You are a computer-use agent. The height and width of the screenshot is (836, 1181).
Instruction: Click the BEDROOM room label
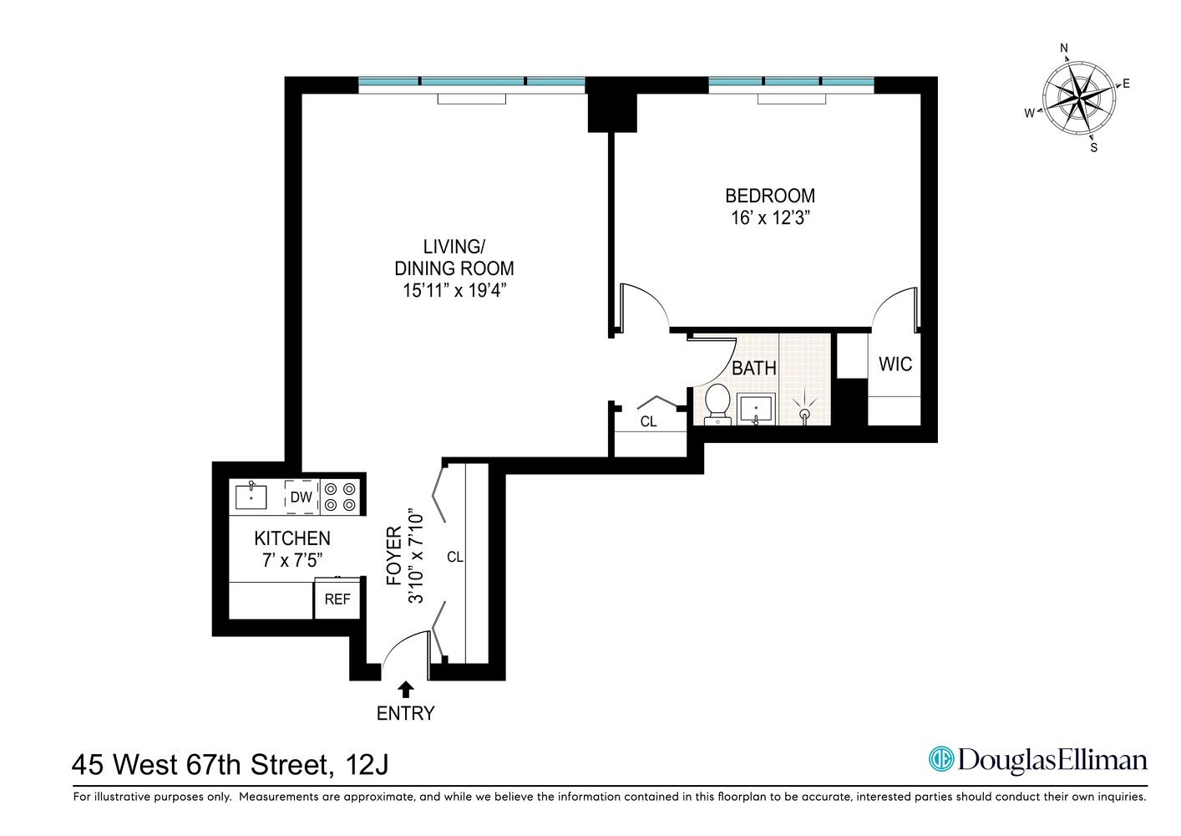click(x=769, y=196)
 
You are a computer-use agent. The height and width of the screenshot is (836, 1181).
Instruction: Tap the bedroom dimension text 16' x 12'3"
click(x=769, y=218)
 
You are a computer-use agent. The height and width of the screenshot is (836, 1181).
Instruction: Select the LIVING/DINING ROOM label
click(x=454, y=257)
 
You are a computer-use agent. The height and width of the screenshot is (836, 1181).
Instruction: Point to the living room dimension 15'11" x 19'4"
click(x=454, y=290)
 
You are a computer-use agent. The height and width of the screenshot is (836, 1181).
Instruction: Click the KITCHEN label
click(x=291, y=538)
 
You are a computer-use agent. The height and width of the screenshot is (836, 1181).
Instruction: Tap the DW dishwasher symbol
click(x=301, y=497)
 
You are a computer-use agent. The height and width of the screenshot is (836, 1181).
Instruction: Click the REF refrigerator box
click(x=337, y=599)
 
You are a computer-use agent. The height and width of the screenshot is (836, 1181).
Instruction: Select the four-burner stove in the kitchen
click(x=341, y=497)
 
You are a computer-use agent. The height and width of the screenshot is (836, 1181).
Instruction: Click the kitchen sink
click(x=251, y=497)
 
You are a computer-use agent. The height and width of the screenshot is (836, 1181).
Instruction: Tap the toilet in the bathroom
click(x=717, y=404)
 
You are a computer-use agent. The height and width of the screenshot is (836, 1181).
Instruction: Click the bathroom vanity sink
click(x=757, y=409)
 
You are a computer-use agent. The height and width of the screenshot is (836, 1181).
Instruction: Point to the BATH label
click(x=753, y=368)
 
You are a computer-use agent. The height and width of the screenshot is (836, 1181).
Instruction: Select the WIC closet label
click(x=895, y=364)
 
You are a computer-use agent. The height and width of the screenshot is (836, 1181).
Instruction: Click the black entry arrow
click(x=406, y=689)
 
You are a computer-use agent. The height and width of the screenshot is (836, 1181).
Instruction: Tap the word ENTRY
click(x=406, y=713)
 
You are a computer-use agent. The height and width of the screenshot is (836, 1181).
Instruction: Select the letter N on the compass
click(x=1064, y=48)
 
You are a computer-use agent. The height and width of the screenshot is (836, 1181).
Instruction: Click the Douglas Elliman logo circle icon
click(x=941, y=759)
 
